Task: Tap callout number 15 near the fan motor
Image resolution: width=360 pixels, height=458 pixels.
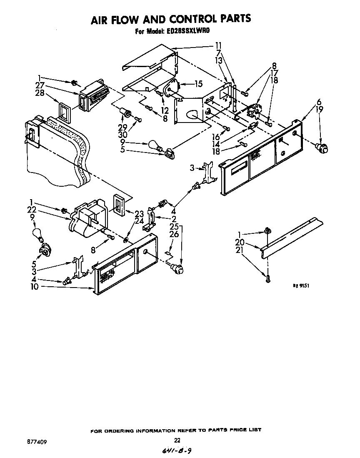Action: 198,84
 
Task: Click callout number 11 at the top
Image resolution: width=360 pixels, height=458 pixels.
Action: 218,45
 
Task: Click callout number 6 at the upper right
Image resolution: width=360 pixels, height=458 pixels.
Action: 319,102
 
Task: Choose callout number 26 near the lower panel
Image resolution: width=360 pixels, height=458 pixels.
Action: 174,235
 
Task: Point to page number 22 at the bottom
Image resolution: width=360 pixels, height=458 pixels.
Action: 177,440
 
